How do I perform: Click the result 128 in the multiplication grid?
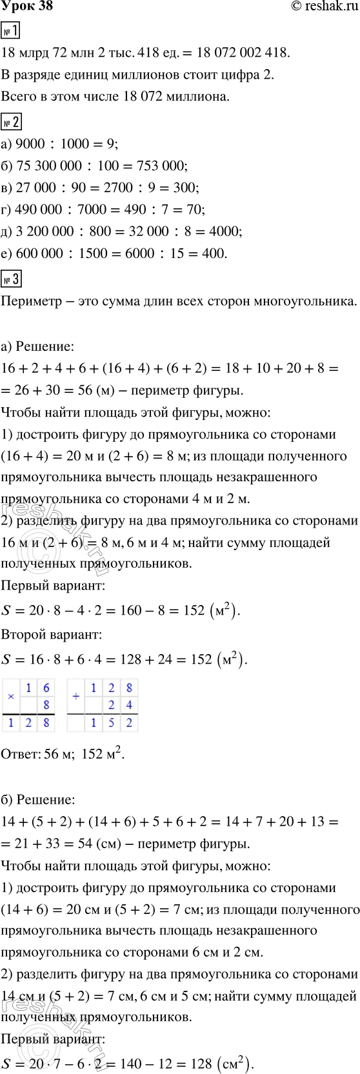[28, 723]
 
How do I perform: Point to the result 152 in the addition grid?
[111, 723]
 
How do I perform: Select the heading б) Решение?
[38, 800]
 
